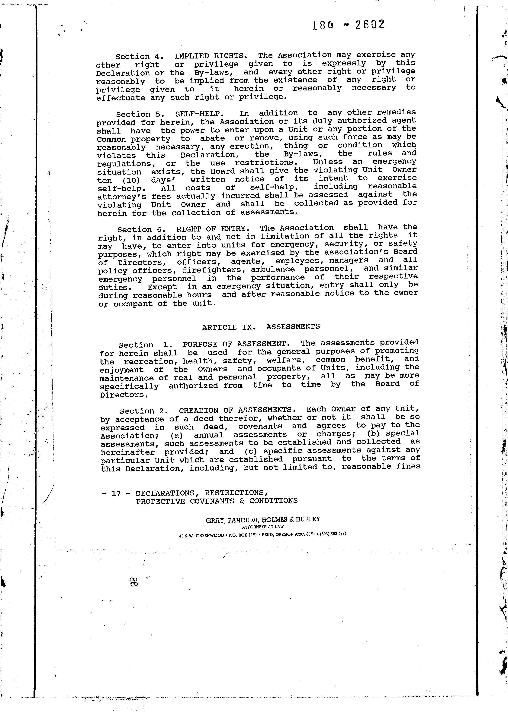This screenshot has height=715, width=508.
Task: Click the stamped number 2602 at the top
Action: (x=370, y=24)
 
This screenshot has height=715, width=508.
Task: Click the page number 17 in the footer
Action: (x=116, y=493)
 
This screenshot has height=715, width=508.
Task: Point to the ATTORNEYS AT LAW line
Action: (x=263, y=527)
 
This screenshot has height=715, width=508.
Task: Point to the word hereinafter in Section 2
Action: (x=128, y=452)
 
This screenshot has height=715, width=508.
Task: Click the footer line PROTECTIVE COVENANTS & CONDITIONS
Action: (x=217, y=501)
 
